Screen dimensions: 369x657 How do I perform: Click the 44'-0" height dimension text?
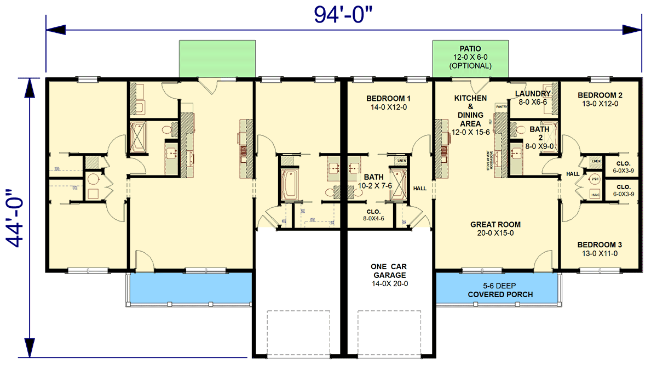coord(18,218)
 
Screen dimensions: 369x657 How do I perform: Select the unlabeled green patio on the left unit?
coord(217,59)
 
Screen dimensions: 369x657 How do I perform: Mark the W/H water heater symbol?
coord(596,179)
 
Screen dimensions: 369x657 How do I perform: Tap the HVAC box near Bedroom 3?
coord(595,194)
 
